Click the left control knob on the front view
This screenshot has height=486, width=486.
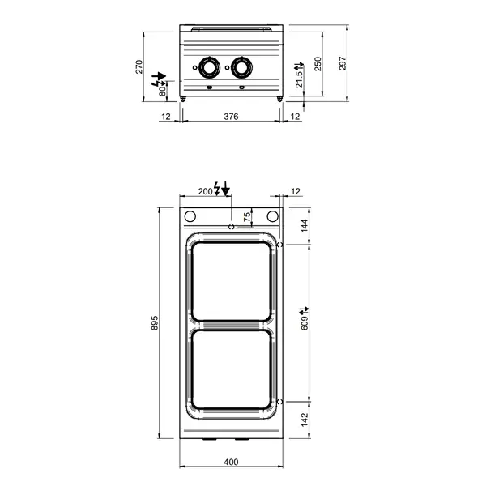click(210, 67)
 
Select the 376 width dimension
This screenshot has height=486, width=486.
click(231, 117)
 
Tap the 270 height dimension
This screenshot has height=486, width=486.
click(139, 66)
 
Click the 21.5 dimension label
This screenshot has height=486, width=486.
click(299, 78)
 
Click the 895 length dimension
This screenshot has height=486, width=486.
click(157, 323)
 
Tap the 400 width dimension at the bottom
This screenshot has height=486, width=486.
click(231, 463)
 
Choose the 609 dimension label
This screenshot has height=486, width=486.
click(305, 322)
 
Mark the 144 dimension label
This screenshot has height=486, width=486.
click(305, 225)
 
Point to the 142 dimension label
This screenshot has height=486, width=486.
click(305, 421)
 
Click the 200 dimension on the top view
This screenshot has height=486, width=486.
click(204, 191)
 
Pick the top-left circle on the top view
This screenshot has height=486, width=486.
click(191, 216)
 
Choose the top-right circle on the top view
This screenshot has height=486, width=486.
click(271, 216)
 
